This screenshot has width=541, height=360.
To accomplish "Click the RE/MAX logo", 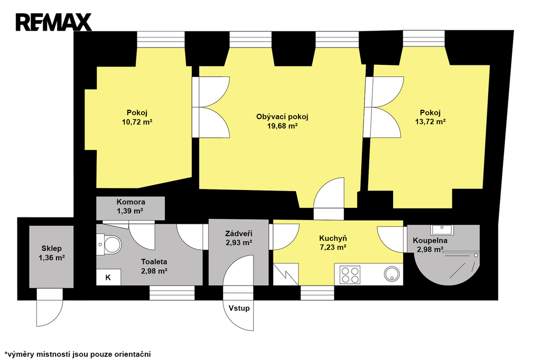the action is coord(53,22).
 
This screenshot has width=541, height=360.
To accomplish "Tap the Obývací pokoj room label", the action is coord(282,117).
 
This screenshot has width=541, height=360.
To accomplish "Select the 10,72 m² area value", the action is coord(137,122).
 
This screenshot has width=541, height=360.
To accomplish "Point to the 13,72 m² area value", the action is coord(430,121).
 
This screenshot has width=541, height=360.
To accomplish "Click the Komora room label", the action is coord(131,202).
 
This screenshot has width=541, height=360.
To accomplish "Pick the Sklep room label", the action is coord(51,248).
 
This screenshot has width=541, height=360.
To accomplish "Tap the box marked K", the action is coord(108,277).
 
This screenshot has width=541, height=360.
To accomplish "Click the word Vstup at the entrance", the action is coord(239,308).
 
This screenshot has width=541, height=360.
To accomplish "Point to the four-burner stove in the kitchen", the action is coord(350,275).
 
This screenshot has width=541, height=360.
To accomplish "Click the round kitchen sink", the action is coord(392,274).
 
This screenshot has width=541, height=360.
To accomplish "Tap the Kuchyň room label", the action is coord(333,238).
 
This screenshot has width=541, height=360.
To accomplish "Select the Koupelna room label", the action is coord(430,240).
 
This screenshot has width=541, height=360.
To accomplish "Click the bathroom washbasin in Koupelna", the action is coord(442,229).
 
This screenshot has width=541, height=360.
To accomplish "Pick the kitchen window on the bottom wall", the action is coord(317,293).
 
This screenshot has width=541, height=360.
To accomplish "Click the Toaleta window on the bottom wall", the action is coord(172,293).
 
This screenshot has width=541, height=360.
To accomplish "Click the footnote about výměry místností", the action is coord(78,354).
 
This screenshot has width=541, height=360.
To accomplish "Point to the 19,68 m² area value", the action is coord(282,126).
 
